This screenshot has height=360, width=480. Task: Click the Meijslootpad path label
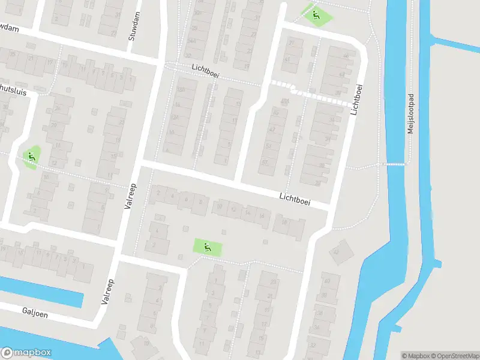coord(411,112)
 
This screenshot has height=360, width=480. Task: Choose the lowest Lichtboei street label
coord(295,199)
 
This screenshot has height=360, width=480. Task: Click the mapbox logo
coord(26,353)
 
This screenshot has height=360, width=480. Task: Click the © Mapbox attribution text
coord(416,356)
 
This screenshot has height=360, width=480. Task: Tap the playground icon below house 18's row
coord(207,246)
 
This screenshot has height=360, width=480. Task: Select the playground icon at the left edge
coord(32,157)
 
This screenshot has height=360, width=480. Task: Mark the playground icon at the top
coord(314,15)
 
